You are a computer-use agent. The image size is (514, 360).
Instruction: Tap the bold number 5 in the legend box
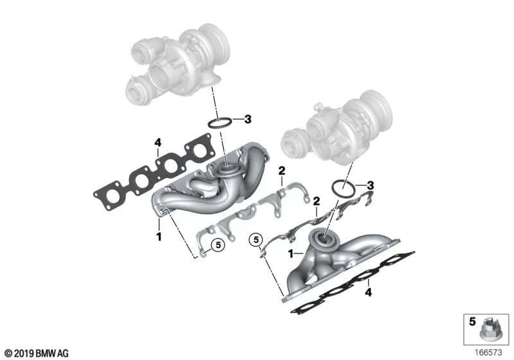[x=472, y=321]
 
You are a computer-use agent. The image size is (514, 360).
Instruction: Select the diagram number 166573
[x=488, y=352]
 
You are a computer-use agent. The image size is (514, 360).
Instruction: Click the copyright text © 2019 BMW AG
[x=37, y=353]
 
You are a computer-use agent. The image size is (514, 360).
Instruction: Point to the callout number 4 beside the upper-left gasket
[x=158, y=143]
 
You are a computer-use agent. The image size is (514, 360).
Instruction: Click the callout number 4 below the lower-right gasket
[x=368, y=292]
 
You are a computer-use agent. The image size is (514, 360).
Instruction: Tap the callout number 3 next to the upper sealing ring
[x=248, y=119]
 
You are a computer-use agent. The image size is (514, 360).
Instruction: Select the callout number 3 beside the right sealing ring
[x=370, y=185]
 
